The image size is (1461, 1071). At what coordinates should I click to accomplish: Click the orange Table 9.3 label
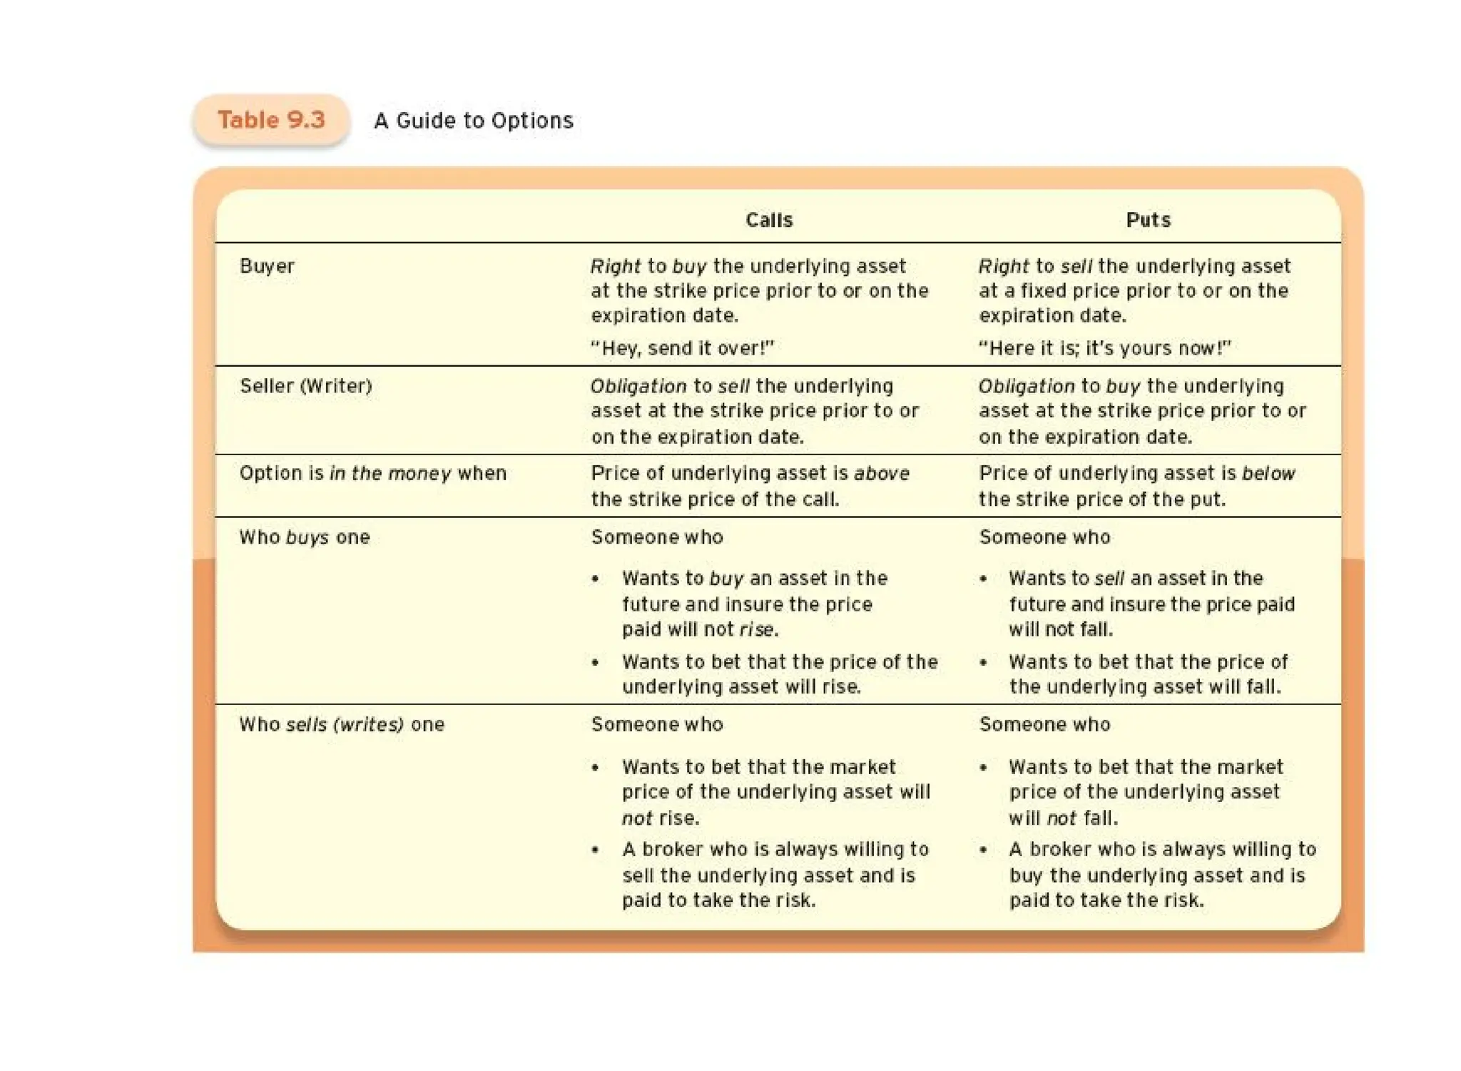[271, 120]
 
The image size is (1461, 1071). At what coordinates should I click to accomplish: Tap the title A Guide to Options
[473, 121]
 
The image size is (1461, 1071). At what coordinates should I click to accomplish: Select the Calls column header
[768, 220]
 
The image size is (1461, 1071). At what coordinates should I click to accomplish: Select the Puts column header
[1148, 220]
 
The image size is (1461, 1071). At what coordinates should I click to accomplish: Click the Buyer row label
[267, 266]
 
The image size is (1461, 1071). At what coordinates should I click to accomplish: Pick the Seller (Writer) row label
[306, 386]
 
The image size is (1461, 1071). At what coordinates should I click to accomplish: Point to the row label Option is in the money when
[372, 473]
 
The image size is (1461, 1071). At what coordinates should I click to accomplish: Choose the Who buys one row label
[305, 537]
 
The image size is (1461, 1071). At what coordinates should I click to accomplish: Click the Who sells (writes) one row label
[342, 724]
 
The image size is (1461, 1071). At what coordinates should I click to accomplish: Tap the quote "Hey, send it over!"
[682, 348]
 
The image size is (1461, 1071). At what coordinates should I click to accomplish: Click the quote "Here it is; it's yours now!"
[1104, 348]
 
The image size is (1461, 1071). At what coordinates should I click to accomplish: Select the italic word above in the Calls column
[881, 473]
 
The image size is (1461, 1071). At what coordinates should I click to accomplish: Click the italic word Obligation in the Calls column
[638, 386]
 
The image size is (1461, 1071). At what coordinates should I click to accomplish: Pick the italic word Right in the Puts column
[1003, 266]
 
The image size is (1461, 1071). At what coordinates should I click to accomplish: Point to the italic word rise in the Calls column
[756, 629]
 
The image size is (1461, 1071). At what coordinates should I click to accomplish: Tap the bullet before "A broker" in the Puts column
[984, 850]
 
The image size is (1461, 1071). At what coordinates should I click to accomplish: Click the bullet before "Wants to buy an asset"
[596, 579]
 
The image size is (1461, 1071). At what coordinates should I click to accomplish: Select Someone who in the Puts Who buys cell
[1044, 537]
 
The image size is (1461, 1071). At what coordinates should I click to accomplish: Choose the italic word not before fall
[1061, 818]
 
